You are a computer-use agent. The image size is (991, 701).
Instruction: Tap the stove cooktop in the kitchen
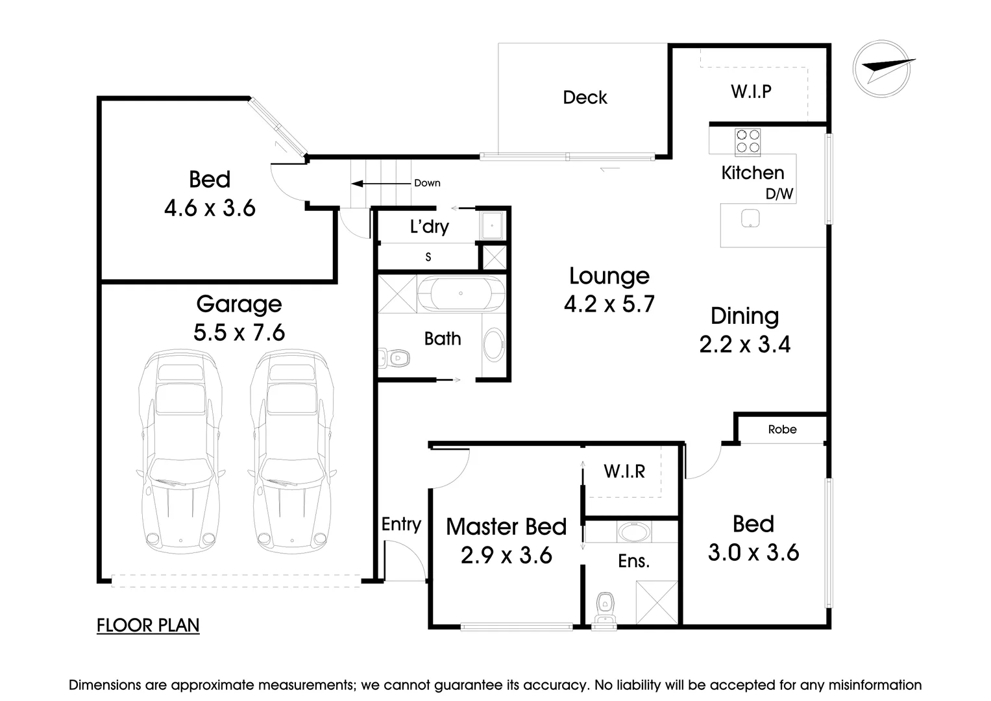coord(747,142)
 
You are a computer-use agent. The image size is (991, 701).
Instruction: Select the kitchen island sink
coord(750,218)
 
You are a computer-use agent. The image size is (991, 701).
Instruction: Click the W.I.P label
coord(751,92)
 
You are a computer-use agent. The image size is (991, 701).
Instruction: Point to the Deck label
coord(585,97)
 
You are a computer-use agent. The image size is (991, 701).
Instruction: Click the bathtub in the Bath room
coord(461,293)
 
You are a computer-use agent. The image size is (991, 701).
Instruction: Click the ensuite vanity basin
coord(631,532)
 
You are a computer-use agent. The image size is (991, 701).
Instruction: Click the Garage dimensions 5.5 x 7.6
coord(239,332)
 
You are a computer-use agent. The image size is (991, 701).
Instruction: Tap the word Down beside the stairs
coord(427,183)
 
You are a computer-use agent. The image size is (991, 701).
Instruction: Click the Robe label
coord(782,430)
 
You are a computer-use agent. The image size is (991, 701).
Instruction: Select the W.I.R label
coord(624,471)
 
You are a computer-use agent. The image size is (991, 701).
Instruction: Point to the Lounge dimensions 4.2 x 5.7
coord(609,304)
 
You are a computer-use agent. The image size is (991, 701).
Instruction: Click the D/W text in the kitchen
coord(779,193)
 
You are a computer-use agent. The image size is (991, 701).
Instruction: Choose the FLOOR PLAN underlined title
coord(148,625)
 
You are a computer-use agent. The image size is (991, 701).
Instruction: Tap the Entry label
coord(401,524)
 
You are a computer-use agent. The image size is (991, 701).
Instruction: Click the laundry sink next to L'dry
coord(491,225)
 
